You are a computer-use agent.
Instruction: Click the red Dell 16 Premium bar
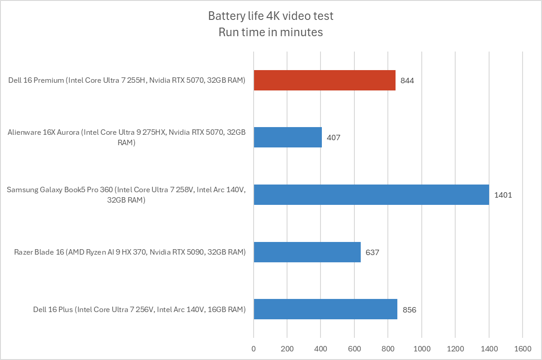(325, 81)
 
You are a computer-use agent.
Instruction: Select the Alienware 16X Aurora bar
(287, 137)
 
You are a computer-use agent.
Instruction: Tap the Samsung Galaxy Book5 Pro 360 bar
(371, 194)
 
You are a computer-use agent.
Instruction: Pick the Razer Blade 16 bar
(307, 252)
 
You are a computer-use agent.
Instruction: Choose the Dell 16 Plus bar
(325, 309)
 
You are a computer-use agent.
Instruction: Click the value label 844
(407, 81)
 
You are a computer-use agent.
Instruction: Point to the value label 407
(333, 137)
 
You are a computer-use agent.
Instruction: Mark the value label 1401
(503, 195)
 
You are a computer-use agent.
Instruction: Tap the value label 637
(372, 252)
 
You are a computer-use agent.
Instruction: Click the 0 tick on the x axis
(254, 349)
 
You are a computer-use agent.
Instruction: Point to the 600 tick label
(354, 349)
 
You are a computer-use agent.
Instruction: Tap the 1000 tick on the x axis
(421, 349)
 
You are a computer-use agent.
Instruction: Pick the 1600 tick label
(522, 349)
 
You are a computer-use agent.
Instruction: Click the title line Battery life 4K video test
(271, 16)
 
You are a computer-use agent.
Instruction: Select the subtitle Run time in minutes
(271, 32)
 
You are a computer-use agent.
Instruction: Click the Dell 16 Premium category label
(127, 81)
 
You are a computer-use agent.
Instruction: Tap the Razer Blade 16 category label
(130, 252)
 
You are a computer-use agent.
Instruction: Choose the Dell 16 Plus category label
(139, 310)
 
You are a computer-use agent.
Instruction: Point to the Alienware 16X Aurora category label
(127, 137)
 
